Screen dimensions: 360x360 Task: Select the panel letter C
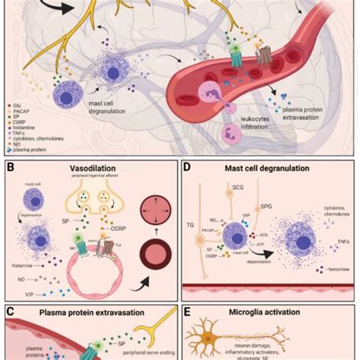tap(11, 311)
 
